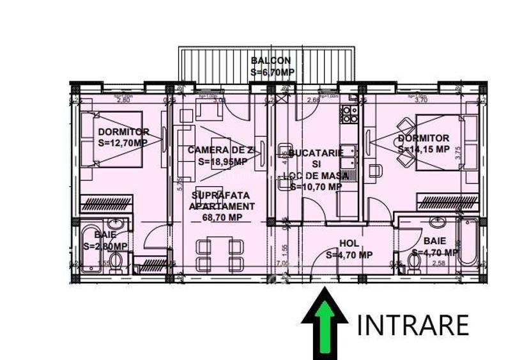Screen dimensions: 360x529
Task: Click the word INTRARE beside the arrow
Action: pos(413,325)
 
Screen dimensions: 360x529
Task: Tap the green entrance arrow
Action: pos(324,323)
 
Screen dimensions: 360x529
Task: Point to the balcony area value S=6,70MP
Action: pos(272,72)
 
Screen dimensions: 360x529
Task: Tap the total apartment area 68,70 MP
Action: pos(222,217)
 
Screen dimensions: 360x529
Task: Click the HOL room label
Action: pos(349,243)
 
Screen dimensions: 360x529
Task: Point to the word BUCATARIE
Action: pos(316,153)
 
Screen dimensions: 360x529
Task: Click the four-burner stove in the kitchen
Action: pos(349,114)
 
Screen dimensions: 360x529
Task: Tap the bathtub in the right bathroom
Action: pos(469,243)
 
